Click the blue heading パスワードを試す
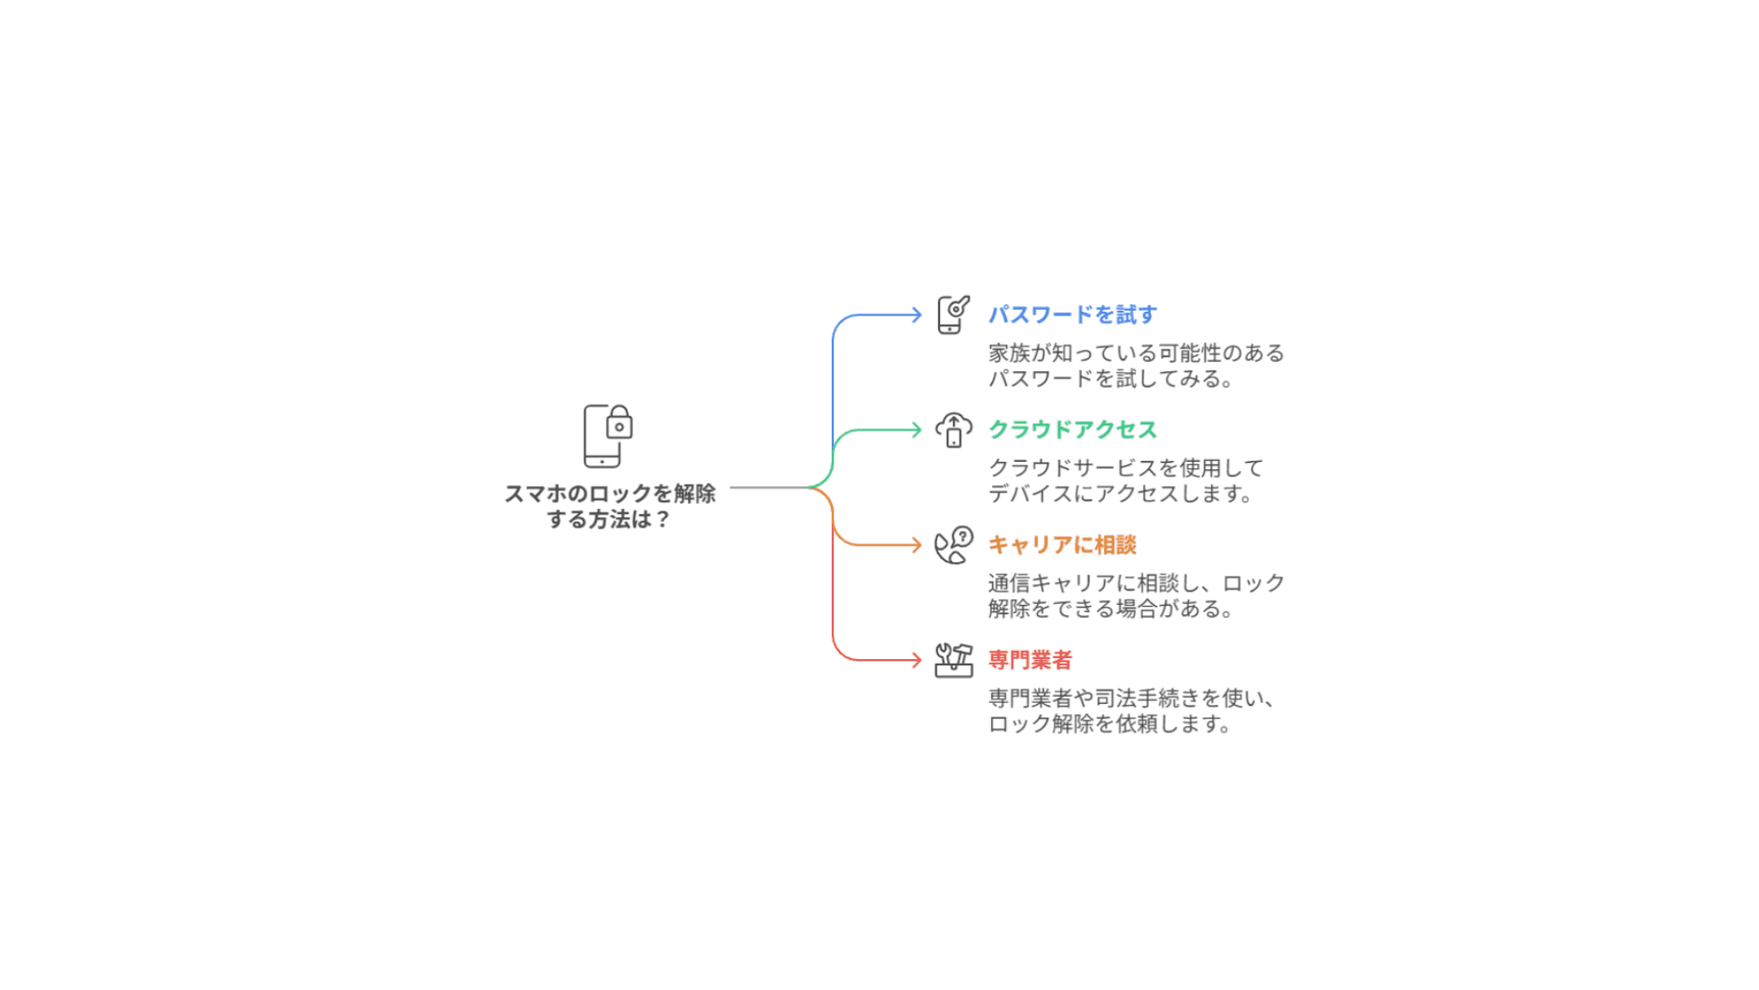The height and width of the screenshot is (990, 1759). pyautogui.click(x=1072, y=314)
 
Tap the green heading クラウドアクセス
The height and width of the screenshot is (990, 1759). pyautogui.click(x=1072, y=429)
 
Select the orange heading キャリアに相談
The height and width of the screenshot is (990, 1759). pyautogui.click(x=1062, y=544)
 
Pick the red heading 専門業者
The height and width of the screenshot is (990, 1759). pyautogui.click(x=1030, y=659)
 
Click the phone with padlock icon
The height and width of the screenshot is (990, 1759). pyautogui.click(x=607, y=435)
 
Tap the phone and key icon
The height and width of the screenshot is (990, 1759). pyautogui.click(x=953, y=314)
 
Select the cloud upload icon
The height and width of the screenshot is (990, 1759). pyautogui.click(x=953, y=429)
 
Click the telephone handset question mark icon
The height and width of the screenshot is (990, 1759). pyautogui.click(x=953, y=545)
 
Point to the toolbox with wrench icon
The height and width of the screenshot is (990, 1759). pyautogui.click(x=953, y=660)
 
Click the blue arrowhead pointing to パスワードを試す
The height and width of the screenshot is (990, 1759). pyautogui.click(x=916, y=314)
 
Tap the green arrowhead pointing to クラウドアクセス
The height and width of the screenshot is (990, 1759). pyautogui.click(x=916, y=429)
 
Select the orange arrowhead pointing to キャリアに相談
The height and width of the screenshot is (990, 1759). pyautogui.click(x=916, y=544)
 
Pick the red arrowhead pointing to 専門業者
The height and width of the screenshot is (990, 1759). pyautogui.click(x=916, y=660)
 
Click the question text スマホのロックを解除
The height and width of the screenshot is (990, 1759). pyautogui.click(x=609, y=493)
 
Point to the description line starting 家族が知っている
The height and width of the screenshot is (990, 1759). pyautogui.click(x=1136, y=353)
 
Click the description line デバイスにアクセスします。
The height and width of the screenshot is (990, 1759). pyautogui.click(x=1120, y=493)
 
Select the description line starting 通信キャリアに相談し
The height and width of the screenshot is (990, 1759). pyautogui.click(x=1136, y=583)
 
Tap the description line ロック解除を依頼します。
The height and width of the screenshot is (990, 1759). pyautogui.click(x=1110, y=723)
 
